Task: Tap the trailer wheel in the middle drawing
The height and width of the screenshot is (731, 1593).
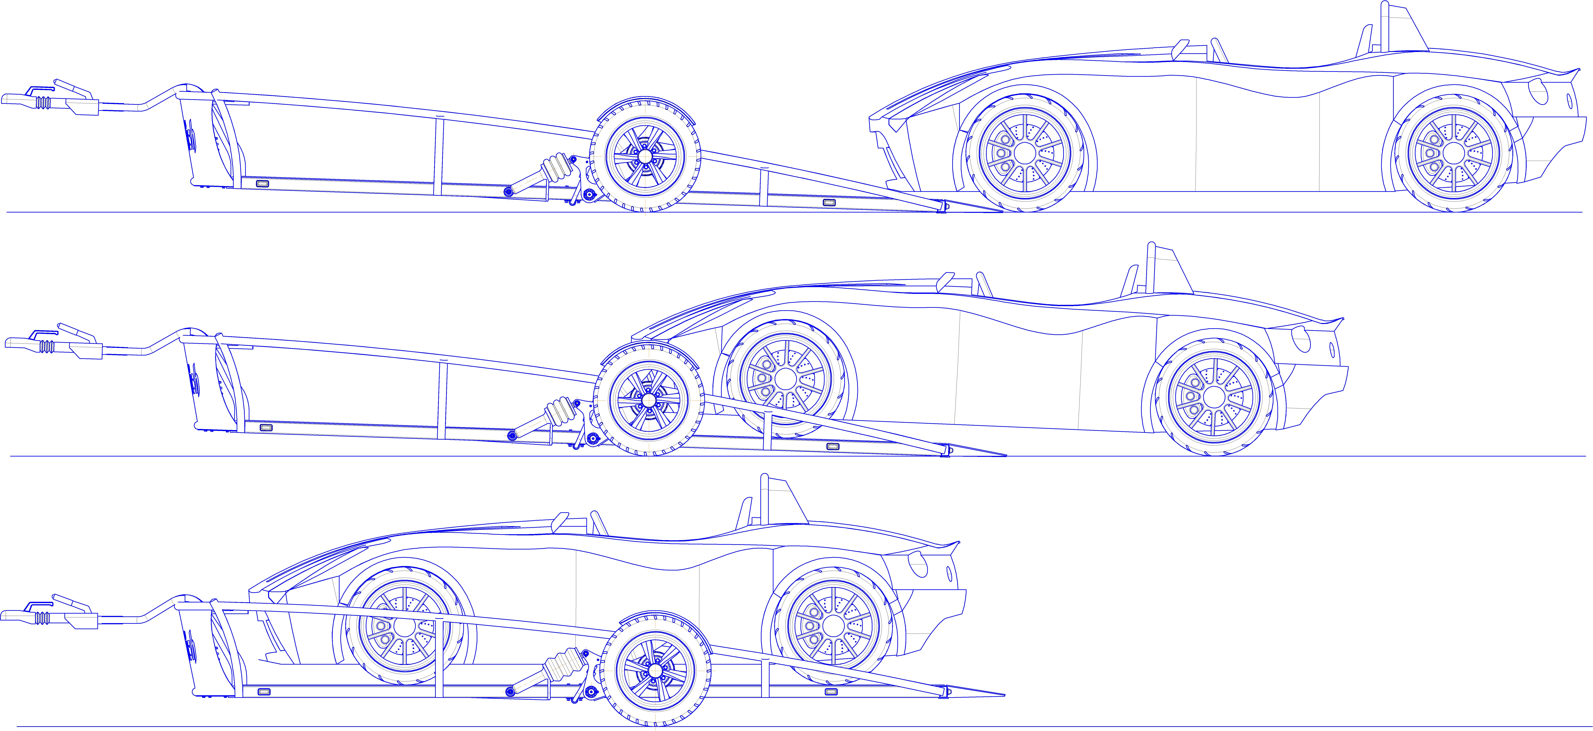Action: (649, 400)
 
